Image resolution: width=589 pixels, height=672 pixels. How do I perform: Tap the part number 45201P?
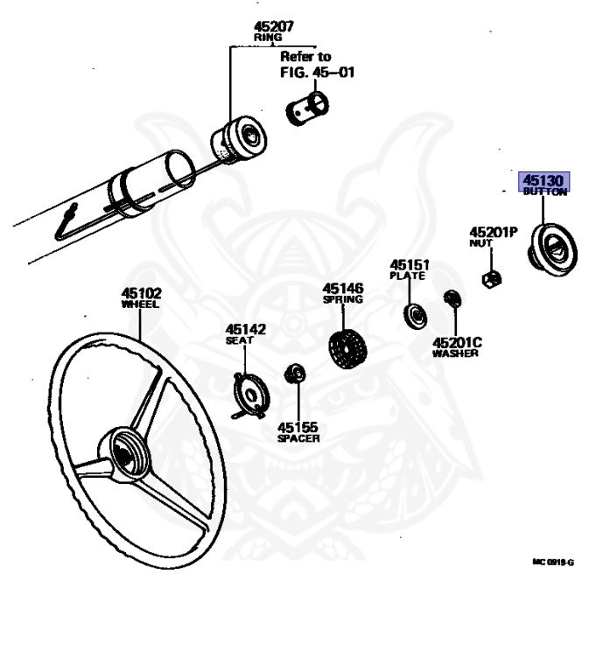[494, 233]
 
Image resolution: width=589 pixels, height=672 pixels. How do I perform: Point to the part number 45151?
[409, 263]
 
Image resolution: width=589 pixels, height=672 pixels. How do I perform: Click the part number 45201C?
[457, 342]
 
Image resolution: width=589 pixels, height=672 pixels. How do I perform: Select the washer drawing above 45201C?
[452, 299]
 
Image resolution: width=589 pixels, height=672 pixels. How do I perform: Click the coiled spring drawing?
[346, 348]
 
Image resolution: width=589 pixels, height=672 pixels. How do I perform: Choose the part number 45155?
[298, 427]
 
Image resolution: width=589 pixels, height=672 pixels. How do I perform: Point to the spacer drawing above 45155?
[295, 374]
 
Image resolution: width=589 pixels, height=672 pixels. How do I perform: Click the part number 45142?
[245, 329]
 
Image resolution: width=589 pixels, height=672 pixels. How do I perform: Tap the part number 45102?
[141, 293]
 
